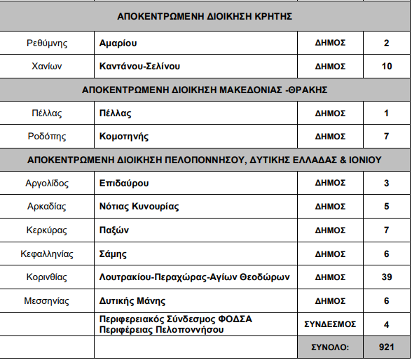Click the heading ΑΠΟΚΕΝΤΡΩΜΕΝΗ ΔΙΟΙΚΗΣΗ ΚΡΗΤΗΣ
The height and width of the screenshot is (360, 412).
(205, 16)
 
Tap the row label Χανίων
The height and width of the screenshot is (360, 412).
(48, 67)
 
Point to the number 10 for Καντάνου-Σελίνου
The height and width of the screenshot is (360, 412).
(387, 67)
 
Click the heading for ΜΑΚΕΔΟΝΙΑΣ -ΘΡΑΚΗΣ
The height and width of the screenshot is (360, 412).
(205, 90)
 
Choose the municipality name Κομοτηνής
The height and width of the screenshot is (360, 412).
(124, 137)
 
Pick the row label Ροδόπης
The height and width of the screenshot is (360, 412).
(48, 137)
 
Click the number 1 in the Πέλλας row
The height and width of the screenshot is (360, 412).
(387, 113)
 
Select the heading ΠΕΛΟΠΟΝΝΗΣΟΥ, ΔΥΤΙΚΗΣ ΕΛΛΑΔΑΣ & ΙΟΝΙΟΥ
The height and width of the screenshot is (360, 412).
(205, 160)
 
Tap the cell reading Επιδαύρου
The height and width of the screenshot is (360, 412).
(125, 184)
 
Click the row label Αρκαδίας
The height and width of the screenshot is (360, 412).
(48, 207)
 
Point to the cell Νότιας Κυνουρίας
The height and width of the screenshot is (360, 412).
(139, 207)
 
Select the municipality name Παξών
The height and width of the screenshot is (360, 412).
(115, 230)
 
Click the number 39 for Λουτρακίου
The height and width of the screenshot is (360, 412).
(387, 277)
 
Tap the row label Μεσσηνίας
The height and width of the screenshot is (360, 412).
(48, 300)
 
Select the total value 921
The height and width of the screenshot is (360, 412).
(387, 347)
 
